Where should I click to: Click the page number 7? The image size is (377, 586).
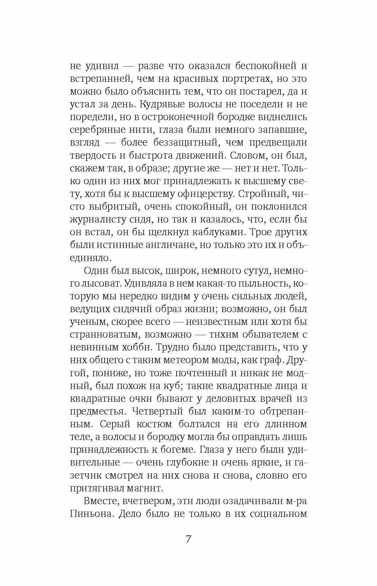[x=188, y=540]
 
